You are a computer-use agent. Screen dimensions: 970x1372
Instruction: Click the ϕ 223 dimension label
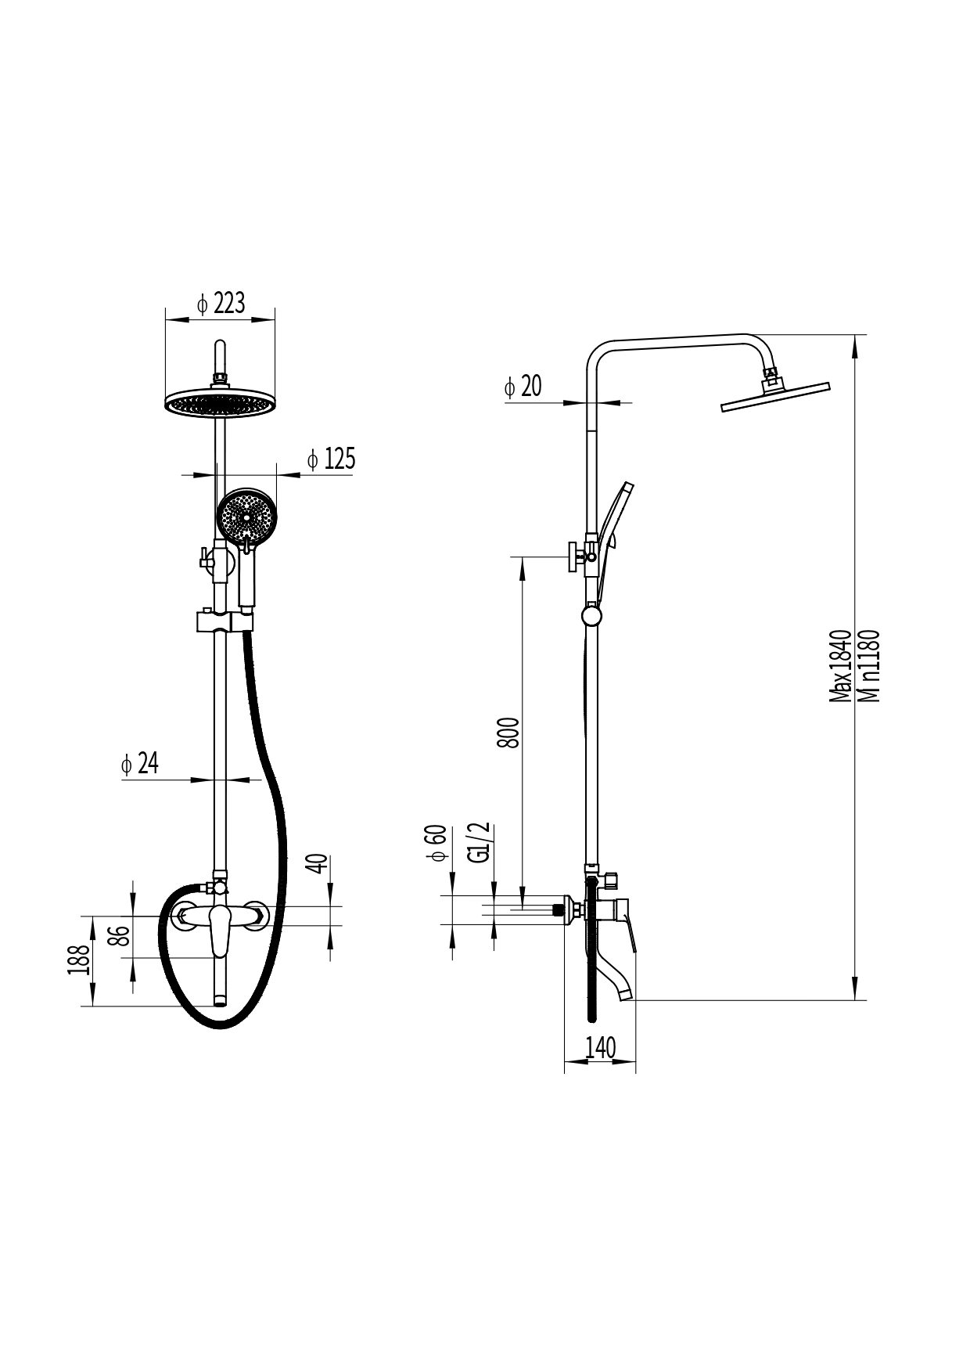pos(221,304)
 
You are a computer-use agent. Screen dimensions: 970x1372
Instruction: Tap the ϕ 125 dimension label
pos(331,459)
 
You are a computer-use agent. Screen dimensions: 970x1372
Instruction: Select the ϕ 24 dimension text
pos(140,763)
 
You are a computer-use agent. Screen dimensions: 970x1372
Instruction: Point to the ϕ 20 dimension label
pos(523,386)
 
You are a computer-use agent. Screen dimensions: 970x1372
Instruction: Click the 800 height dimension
pos(508,733)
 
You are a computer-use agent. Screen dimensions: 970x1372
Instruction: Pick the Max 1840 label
pos(840,665)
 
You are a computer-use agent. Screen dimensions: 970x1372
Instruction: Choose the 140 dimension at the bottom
pos(600,1047)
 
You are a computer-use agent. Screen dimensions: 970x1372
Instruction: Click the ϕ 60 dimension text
pos(436,843)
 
